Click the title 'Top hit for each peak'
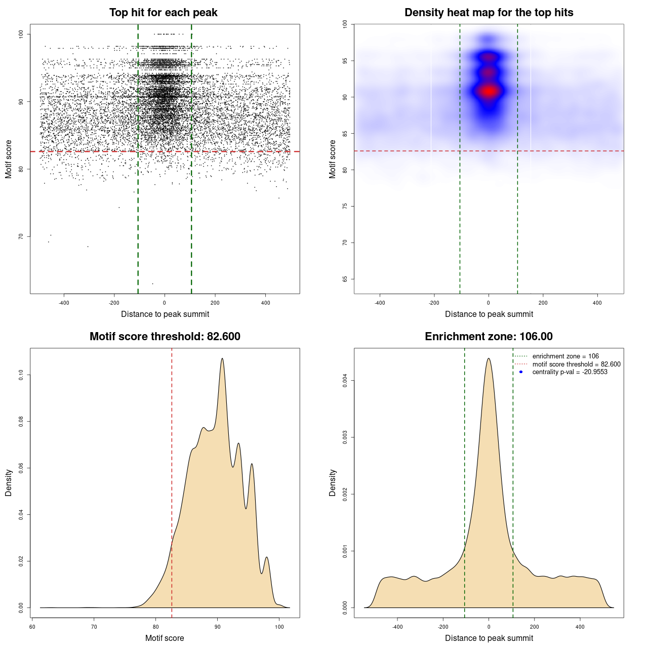pos(163,13)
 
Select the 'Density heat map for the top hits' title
pos(489,13)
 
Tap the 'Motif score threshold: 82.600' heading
pos(165,337)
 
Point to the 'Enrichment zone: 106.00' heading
pos(489,337)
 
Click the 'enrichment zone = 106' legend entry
pos(565,356)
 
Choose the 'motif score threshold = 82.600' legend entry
pos(576,364)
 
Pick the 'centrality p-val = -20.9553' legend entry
pos(570,372)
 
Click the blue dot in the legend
pos(521,372)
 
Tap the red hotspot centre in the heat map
pos(489,92)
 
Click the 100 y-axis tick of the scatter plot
pos(21,34)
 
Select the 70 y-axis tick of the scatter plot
pos(21,236)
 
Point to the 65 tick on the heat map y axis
pos(345,279)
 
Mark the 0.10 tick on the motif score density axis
pos(21,375)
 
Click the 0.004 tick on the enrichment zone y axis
pos(345,380)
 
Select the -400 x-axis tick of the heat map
pos(380,303)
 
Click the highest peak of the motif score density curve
pos(222,358)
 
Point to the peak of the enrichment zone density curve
pos(489,358)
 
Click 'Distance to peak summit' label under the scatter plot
pos(165,314)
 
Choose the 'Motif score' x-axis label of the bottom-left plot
pos(165,638)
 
